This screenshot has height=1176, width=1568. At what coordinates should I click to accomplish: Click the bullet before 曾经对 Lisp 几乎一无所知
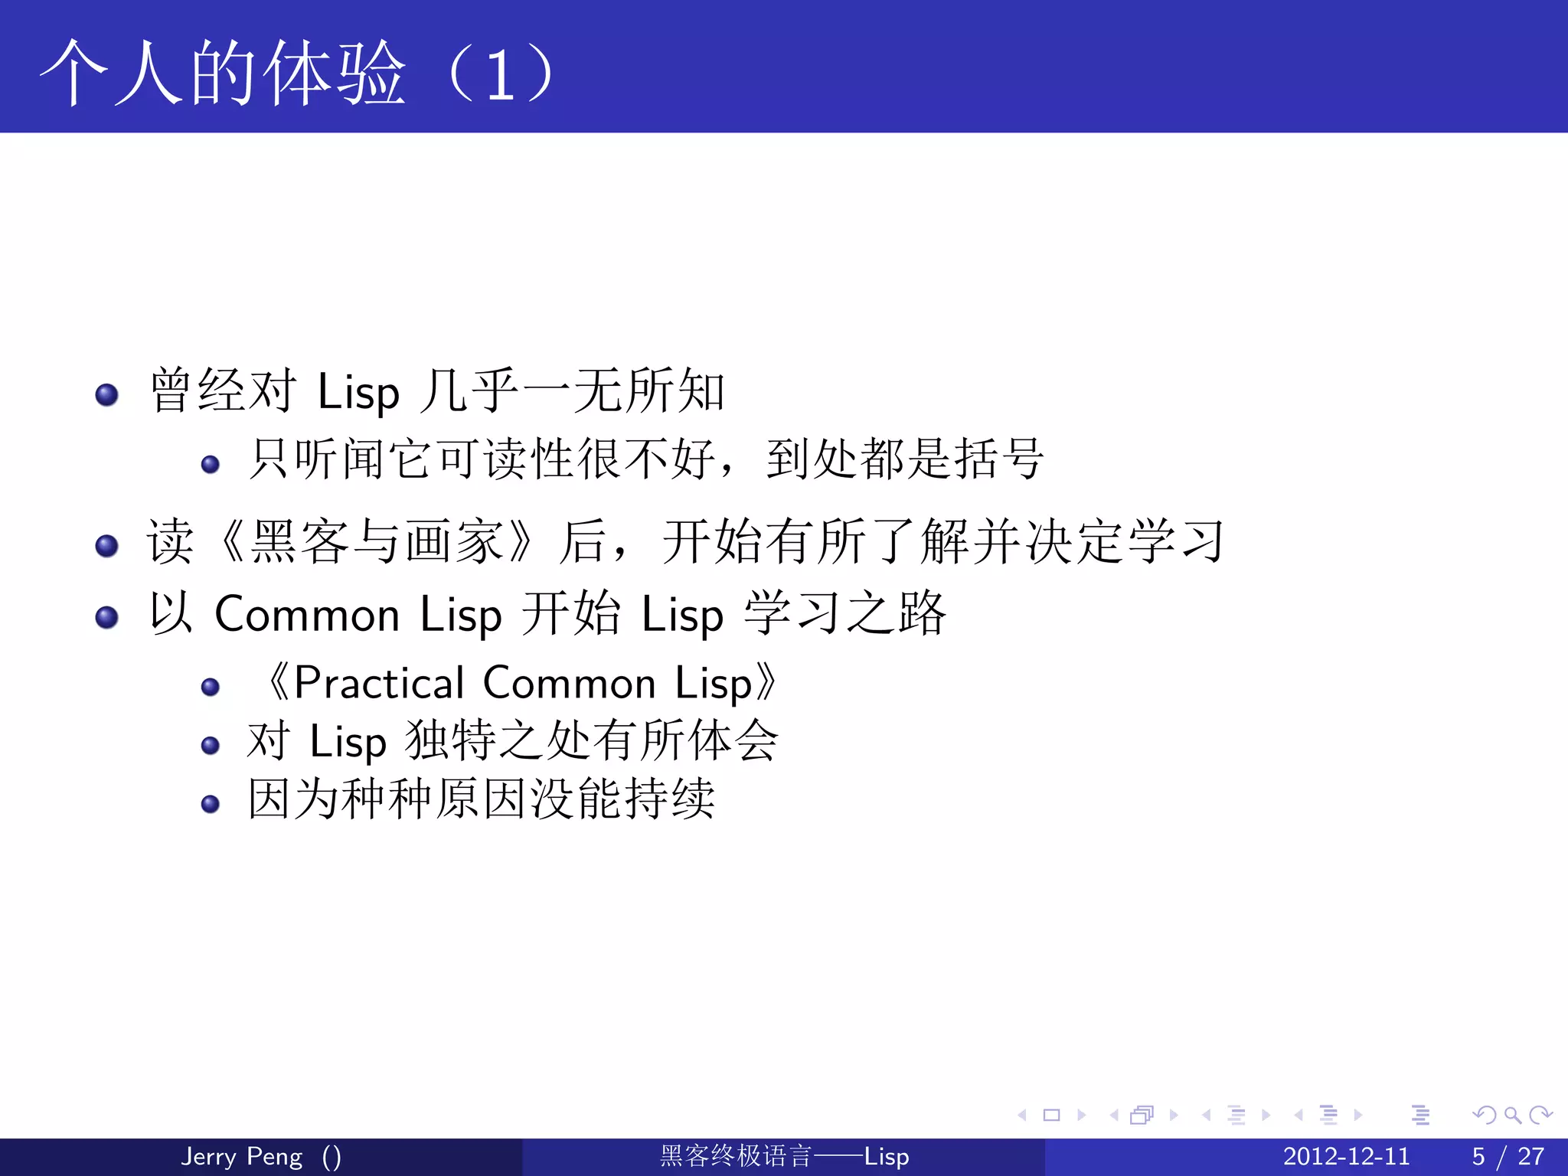[x=106, y=394]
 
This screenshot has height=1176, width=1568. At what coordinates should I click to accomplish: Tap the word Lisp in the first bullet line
[x=358, y=393]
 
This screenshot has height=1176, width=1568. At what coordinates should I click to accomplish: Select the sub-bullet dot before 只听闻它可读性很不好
[x=210, y=464]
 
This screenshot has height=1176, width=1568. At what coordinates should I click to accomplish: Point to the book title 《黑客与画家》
[x=374, y=542]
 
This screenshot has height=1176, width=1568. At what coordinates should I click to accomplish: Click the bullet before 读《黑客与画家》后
[x=106, y=546]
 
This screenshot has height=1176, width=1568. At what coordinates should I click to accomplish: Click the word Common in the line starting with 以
[x=307, y=615]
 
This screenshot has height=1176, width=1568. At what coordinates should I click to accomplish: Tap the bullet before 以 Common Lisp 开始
[x=106, y=617]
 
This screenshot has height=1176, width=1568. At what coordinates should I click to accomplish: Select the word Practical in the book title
[x=379, y=683]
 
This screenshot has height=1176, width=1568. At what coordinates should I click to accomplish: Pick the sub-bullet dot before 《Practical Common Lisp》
[x=210, y=687]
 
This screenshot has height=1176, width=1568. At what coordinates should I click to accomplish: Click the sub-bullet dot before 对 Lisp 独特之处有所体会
[x=210, y=745]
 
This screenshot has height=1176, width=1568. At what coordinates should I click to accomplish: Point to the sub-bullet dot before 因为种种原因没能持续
[x=210, y=804]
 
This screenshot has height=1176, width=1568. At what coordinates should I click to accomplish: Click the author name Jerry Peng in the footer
[x=241, y=1156]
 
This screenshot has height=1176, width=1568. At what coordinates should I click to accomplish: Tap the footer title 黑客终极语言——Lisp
[x=784, y=1156]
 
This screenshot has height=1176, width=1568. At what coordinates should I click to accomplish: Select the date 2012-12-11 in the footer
[x=1346, y=1156]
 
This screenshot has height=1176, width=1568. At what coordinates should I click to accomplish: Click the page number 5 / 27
[x=1508, y=1156]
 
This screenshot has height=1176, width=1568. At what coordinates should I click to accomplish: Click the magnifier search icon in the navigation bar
[x=1512, y=1115]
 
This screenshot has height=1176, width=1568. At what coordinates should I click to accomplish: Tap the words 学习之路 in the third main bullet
[x=845, y=613]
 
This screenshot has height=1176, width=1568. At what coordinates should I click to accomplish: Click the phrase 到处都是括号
[x=904, y=459]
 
